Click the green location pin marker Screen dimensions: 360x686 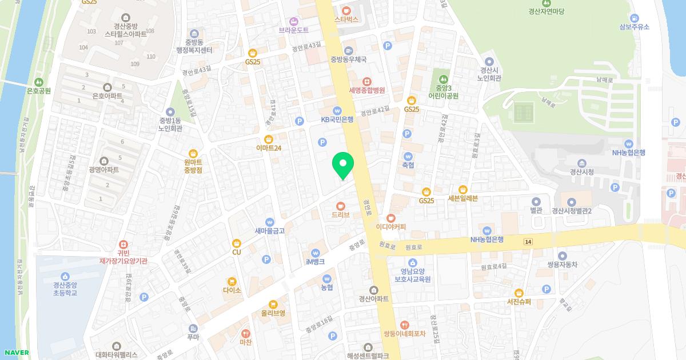(343, 165)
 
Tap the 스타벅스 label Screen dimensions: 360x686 (346, 19)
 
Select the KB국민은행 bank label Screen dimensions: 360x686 (337, 119)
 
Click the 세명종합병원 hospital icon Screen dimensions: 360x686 (366, 81)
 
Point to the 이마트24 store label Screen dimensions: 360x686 (269, 147)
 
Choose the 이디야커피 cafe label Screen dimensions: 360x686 (391, 226)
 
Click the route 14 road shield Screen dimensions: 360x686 (527, 242)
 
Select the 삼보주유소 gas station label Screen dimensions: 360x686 (634, 27)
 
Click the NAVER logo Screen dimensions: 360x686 (15, 353)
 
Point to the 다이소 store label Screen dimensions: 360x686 (232, 290)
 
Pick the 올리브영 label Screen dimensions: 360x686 (273, 313)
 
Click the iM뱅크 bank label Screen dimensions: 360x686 (315, 261)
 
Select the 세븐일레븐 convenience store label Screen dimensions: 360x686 (462, 198)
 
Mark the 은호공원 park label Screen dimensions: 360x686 (39, 90)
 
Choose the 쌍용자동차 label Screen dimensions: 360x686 (563, 265)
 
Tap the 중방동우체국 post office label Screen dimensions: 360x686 (348, 59)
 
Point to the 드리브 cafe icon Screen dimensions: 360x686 (340, 206)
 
